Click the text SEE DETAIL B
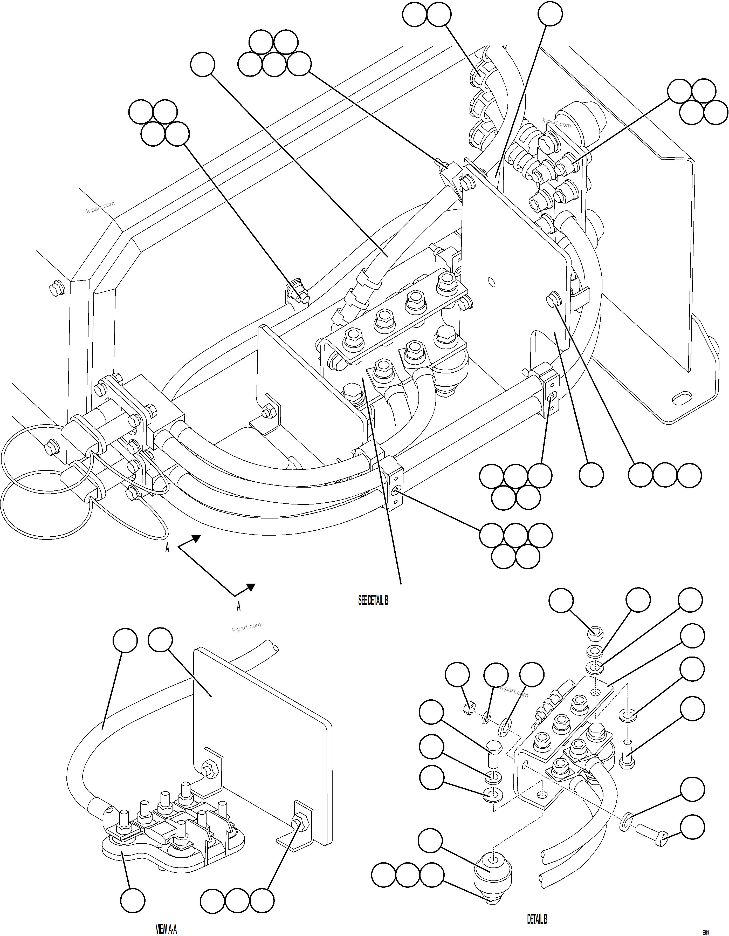coord(373,600)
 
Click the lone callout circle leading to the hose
coord(202,65)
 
